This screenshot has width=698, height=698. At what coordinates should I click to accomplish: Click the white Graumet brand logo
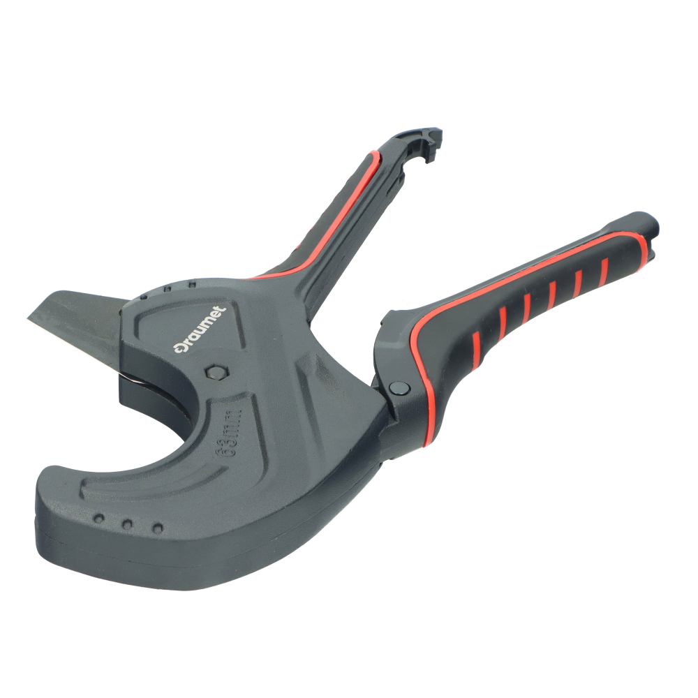click(199, 331)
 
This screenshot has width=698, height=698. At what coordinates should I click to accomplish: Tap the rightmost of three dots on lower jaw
click(158, 528)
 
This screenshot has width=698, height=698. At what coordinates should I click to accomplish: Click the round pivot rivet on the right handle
click(399, 388)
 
